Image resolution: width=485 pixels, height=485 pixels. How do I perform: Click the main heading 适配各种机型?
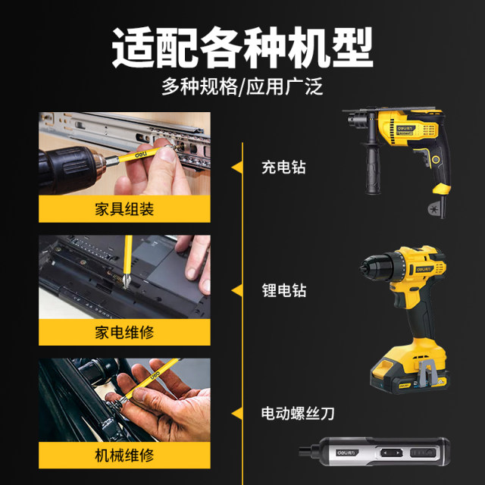point(242,49)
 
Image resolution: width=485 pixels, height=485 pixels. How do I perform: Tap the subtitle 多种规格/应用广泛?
point(242,86)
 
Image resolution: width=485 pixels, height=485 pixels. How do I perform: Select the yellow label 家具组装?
point(125,208)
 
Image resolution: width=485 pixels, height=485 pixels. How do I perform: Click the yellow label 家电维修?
point(125,332)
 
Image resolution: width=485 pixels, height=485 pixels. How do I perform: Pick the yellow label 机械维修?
point(125,455)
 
